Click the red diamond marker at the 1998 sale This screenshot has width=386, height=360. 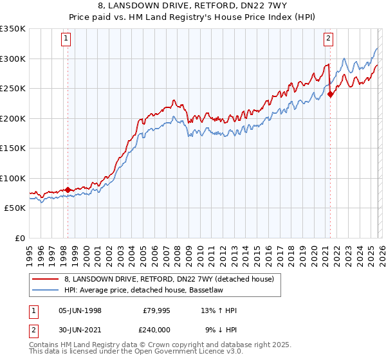(x=68, y=190)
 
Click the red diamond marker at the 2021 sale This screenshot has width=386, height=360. (x=330, y=94)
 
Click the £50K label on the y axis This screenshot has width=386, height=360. (x=15, y=208)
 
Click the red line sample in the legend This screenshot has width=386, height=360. (x=46, y=279)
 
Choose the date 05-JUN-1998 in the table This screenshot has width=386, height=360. (x=80, y=310)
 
